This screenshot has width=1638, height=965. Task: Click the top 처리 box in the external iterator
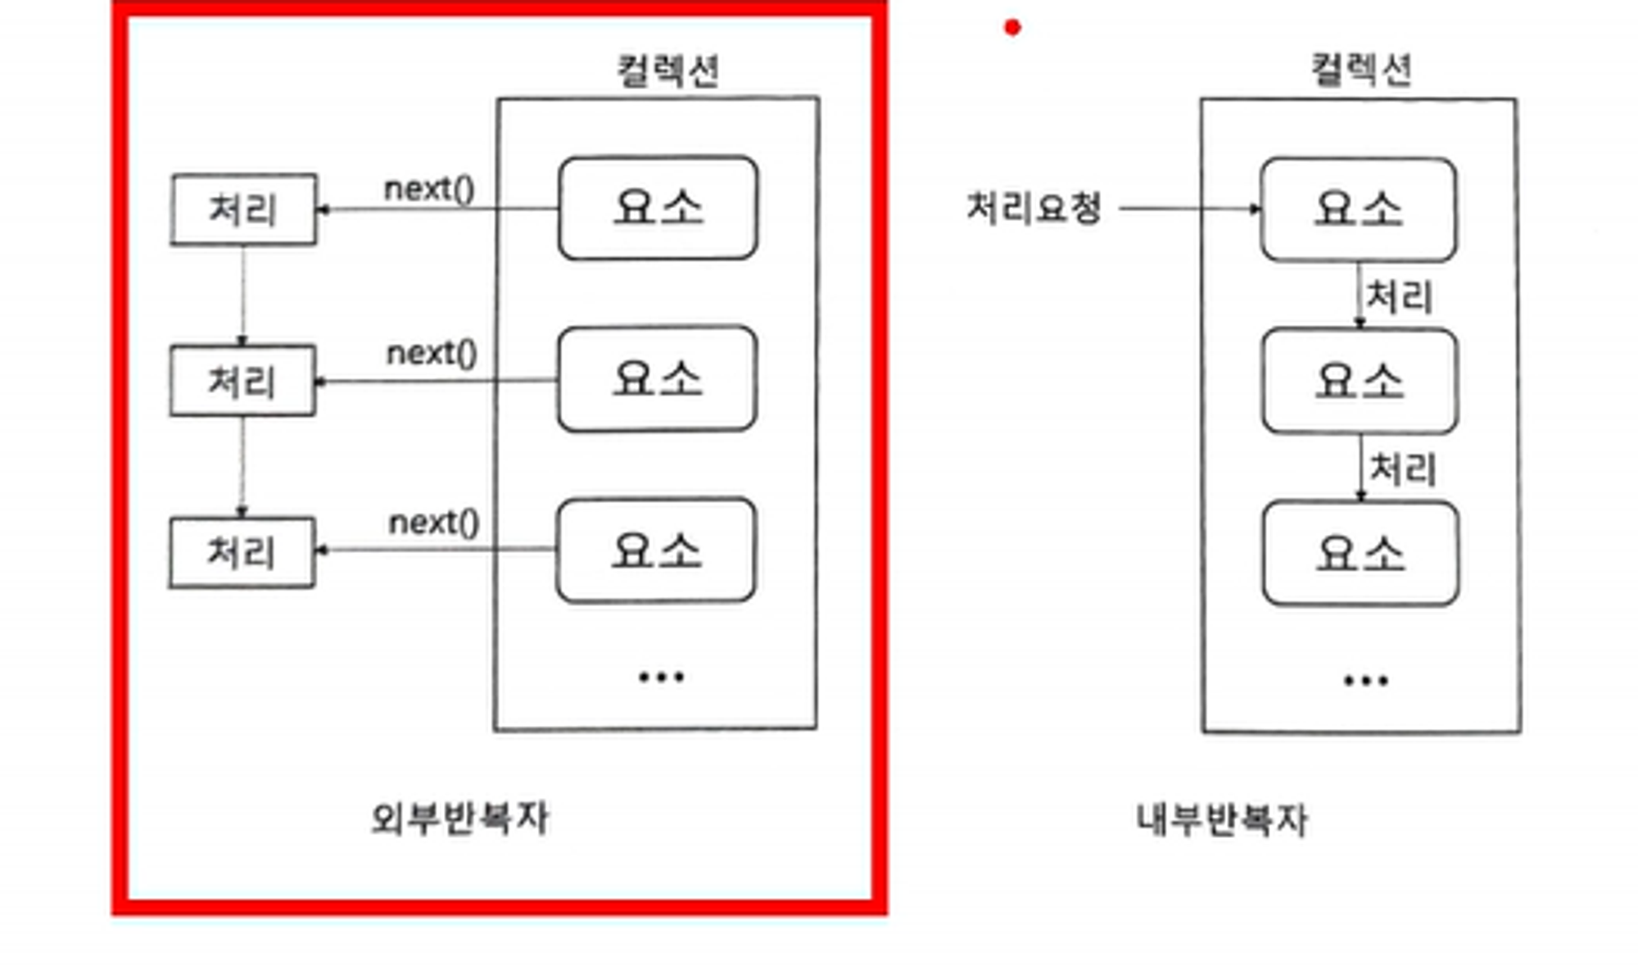243,210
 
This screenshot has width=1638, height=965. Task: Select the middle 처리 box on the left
242,381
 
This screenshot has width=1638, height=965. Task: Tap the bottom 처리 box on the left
242,552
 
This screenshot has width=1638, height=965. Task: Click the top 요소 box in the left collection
658,208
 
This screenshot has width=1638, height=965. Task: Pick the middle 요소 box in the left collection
657,379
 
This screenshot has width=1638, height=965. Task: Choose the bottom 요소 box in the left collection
656,550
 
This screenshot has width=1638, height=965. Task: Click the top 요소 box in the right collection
1358,210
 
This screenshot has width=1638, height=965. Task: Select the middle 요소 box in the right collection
1360,381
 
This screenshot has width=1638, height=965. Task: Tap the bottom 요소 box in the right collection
1360,554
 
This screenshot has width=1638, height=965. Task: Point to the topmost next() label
429,189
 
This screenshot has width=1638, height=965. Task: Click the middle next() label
432,354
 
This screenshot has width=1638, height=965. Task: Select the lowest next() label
433,523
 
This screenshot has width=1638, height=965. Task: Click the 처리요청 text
1034,208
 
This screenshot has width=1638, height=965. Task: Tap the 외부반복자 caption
459,818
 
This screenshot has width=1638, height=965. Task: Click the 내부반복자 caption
1221,819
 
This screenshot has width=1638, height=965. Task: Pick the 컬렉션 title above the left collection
667,70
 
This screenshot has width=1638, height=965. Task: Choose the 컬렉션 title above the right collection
1361,70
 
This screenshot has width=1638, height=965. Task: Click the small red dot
1012,28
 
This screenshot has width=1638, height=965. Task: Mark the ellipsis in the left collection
661,677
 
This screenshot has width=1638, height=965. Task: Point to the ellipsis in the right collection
1365,680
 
